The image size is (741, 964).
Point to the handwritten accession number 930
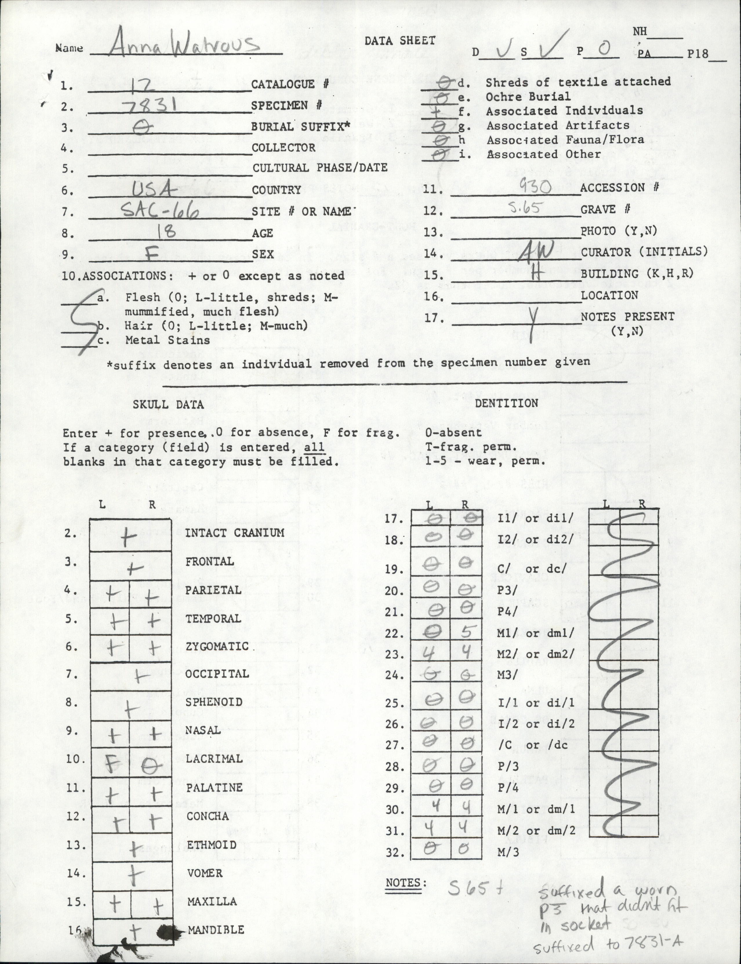point(535,187)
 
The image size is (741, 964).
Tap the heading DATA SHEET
point(399,41)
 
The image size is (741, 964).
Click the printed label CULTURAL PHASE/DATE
point(320,168)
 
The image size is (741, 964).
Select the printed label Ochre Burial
point(528,96)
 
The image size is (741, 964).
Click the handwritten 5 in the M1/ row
point(468,633)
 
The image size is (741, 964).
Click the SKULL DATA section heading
point(168,404)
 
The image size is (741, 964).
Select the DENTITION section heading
point(506,403)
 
